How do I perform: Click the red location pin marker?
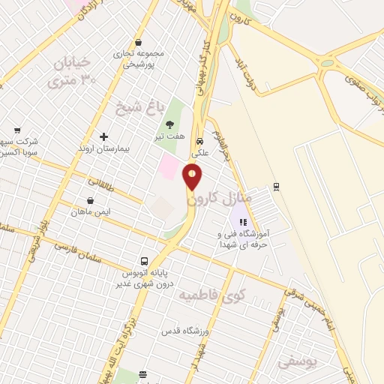pyautogui.click(x=193, y=177)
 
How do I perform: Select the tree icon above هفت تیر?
pyautogui.click(x=170, y=124)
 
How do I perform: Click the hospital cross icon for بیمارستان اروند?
pyautogui.click(x=103, y=137)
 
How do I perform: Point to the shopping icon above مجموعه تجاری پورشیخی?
pyautogui.click(x=137, y=43)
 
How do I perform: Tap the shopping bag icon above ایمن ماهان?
pyautogui.click(x=91, y=200)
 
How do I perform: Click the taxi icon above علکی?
pyautogui.click(x=199, y=141)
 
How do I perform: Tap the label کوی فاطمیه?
pyautogui.click(x=211, y=295)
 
